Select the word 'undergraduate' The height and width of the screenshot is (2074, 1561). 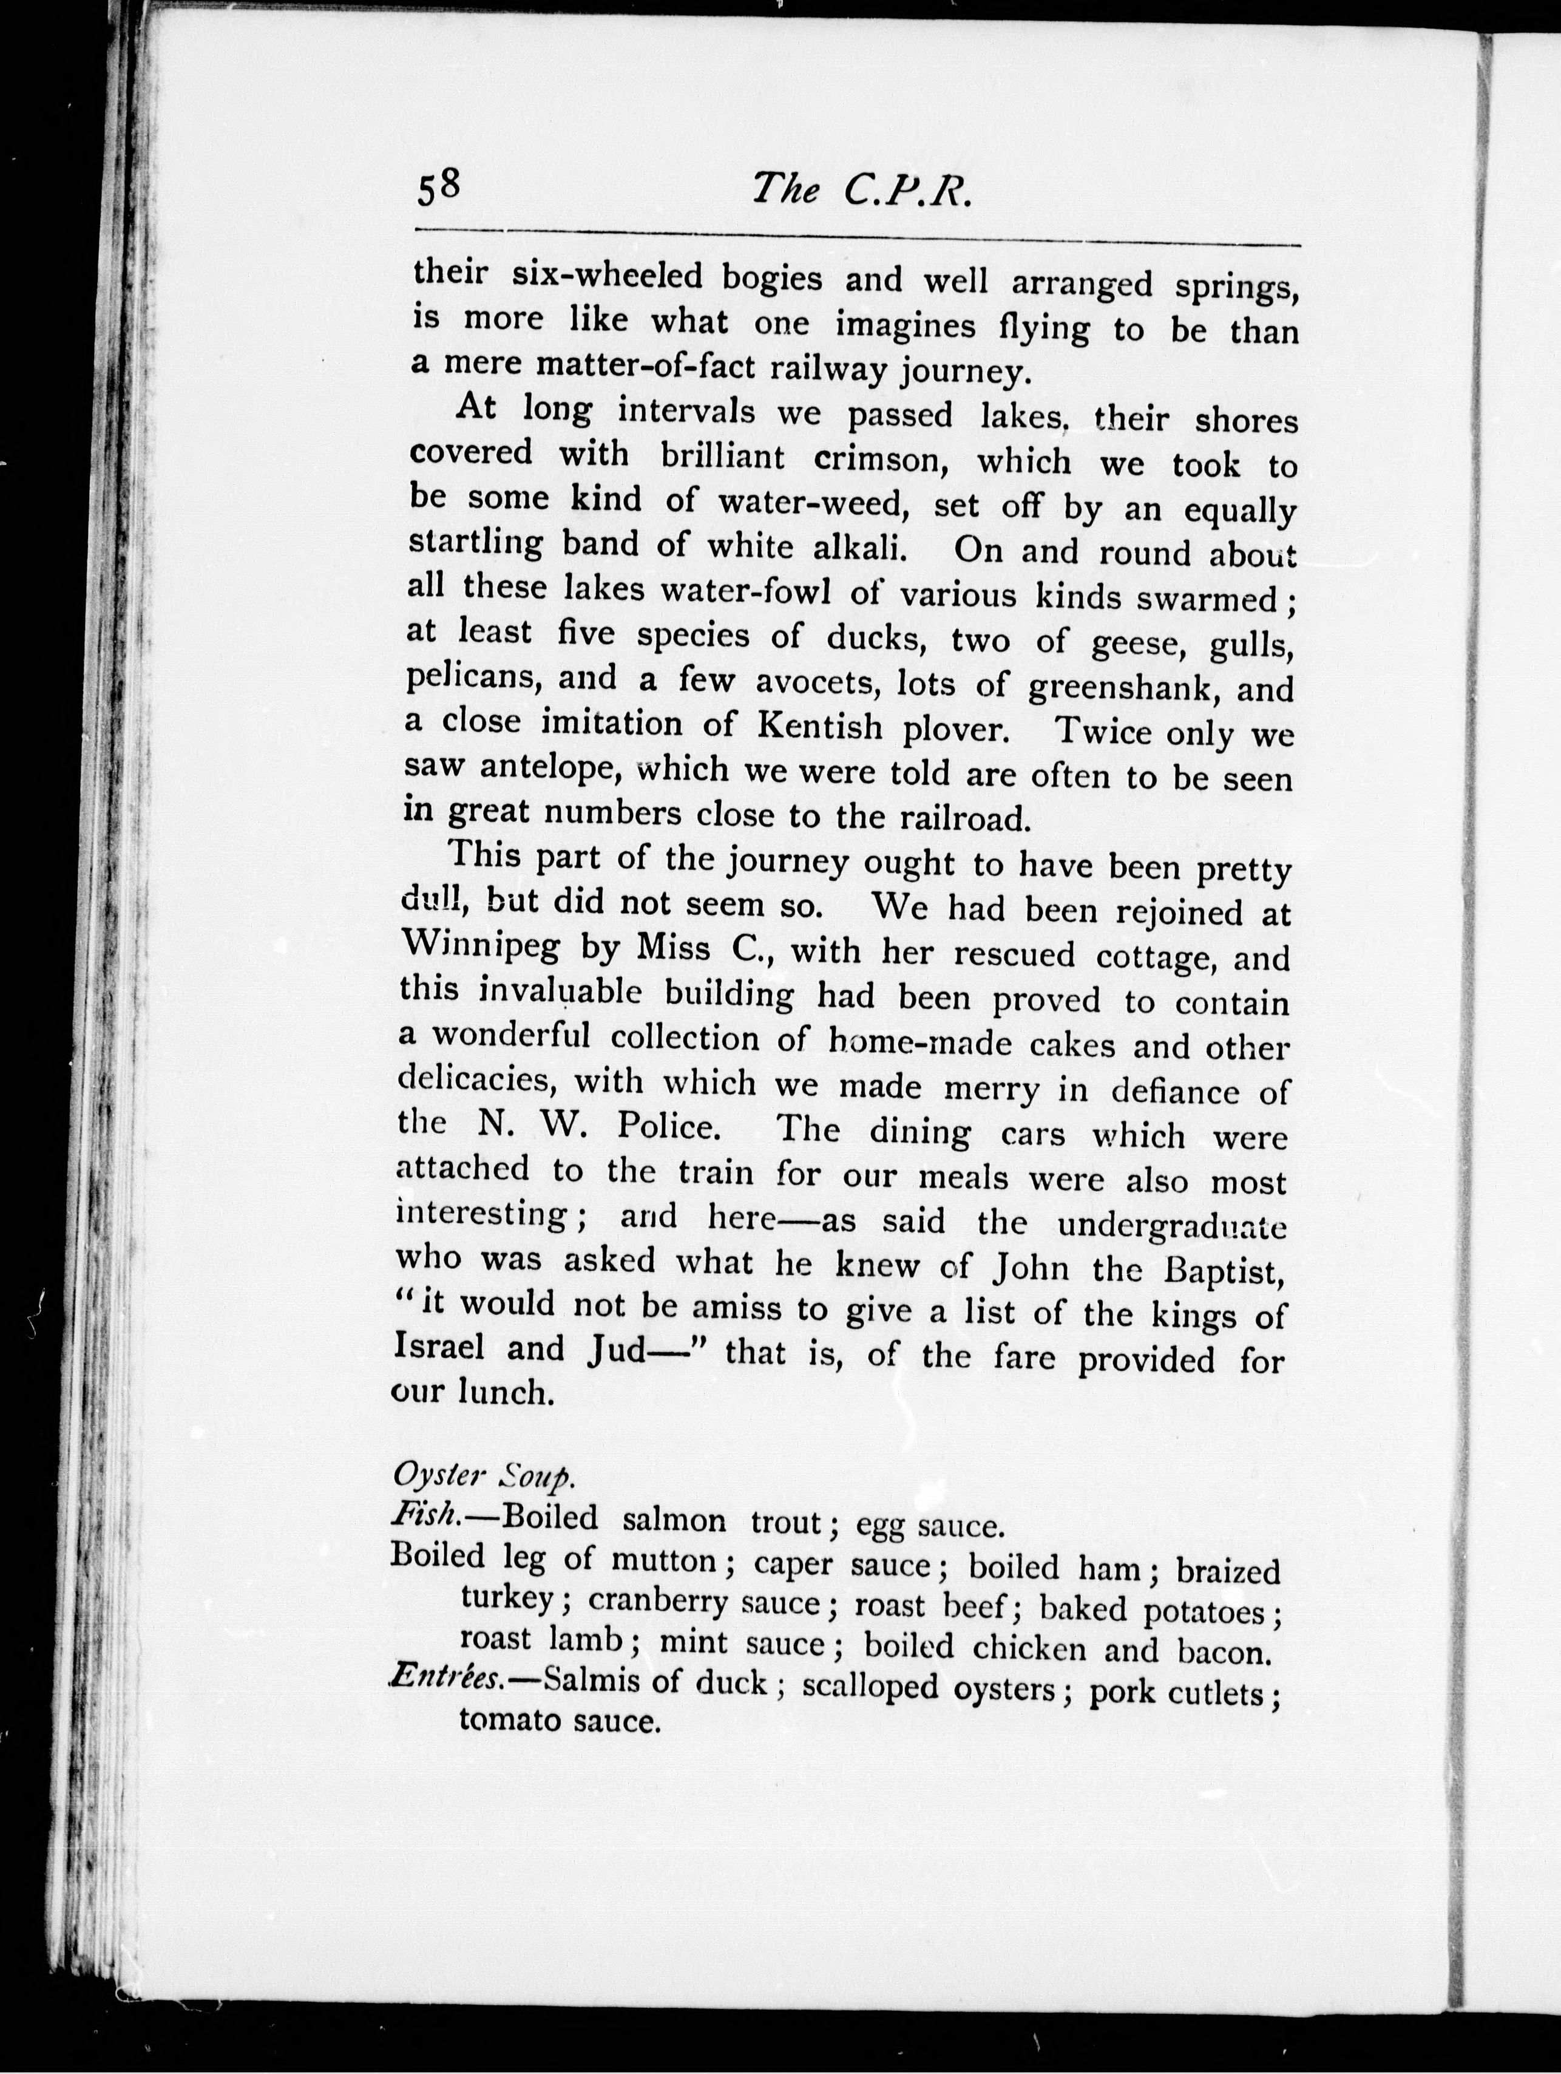[x=1158, y=1225]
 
